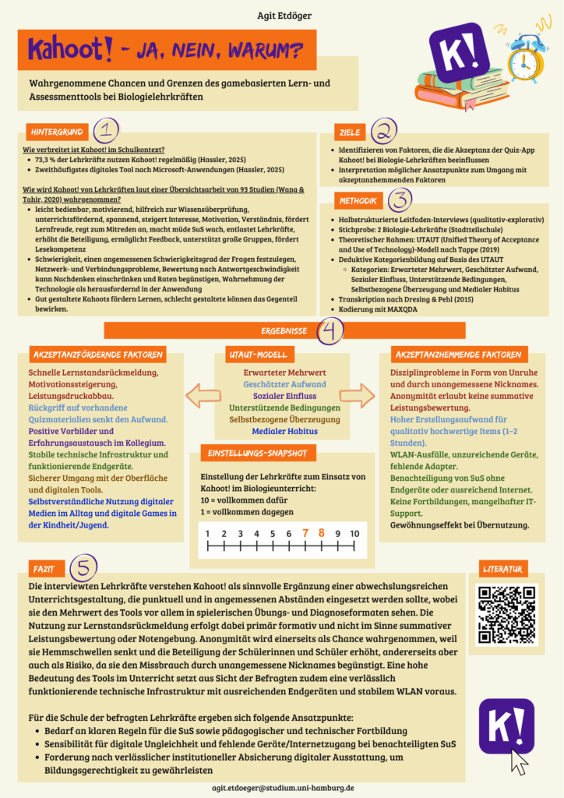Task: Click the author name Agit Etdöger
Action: coord(281,15)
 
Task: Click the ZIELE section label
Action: coord(350,131)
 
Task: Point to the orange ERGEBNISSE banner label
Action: coord(283,330)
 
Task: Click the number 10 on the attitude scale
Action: coord(354,533)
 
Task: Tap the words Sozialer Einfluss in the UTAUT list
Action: coord(285,396)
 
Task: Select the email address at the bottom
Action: coord(283,788)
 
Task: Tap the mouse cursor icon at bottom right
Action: coord(518,761)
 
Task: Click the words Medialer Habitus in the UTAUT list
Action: coord(285,431)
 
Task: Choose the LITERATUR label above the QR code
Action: coord(505,567)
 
